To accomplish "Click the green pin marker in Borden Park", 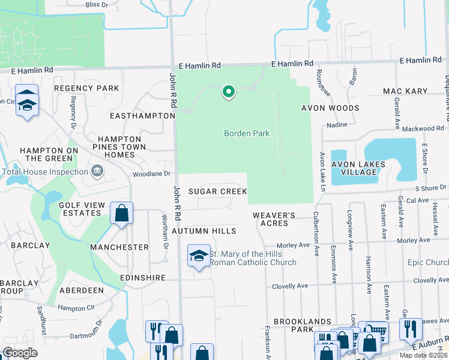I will [x=228, y=92].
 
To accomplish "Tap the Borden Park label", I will [x=247, y=133].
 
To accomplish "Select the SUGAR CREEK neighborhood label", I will [x=217, y=191].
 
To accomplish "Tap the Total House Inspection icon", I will [x=97, y=172].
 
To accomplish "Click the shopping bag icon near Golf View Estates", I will [x=121, y=214].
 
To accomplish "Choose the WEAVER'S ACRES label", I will [x=274, y=218].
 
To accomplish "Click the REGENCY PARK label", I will [x=86, y=88].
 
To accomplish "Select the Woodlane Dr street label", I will [x=151, y=174].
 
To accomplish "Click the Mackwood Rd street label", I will [x=424, y=128].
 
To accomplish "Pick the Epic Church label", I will [x=427, y=263].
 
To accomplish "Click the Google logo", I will [x=20, y=353].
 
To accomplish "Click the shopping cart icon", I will [x=375, y=329].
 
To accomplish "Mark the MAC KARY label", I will [x=404, y=91].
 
